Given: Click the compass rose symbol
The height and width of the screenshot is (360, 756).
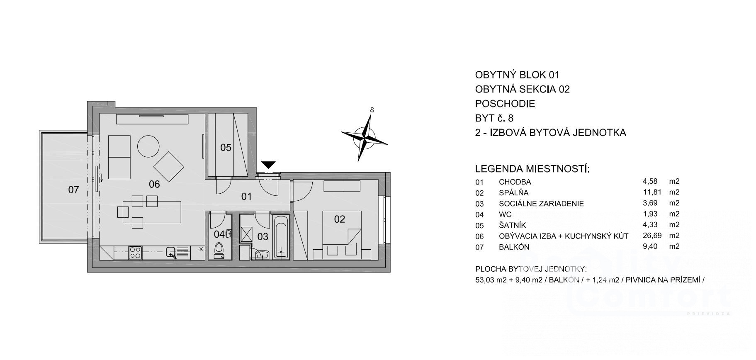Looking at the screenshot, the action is pos(365,137).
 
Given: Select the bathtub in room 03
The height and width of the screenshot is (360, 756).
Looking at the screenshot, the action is pos(281,237).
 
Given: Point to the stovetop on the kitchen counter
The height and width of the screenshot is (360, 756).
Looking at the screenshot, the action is pos(135,252).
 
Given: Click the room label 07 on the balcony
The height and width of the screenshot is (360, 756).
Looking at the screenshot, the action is pos(73,190).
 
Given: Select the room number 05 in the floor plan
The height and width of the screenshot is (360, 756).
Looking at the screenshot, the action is pos(226,148).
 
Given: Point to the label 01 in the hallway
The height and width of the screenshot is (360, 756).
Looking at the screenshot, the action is pos(246,196).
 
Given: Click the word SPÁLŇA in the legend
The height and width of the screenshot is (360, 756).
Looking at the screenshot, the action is pos(514,193).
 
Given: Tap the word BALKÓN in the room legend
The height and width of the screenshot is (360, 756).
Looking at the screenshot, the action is pos(514,247).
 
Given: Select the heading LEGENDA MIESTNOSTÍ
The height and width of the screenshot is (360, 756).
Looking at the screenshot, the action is pos(532,169).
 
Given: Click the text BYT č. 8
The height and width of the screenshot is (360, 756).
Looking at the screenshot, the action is pos(494,118).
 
